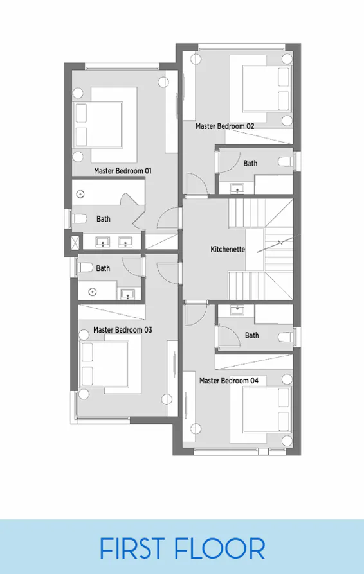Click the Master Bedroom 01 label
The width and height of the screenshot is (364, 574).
tap(122, 171)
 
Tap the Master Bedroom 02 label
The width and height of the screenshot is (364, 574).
tap(224, 126)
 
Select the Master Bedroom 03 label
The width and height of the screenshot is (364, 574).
tap(122, 329)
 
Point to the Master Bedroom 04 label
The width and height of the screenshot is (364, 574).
tap(228, 381)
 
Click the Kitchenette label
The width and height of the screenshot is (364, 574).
tap(228, 249)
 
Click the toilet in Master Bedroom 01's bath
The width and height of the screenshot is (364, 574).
tap(80, 219)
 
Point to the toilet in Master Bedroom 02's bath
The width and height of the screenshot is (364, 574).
tap(286, 161)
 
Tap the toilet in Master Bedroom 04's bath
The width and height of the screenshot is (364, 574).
tap(285, 337)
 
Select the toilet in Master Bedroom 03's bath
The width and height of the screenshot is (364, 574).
tap(86, 268)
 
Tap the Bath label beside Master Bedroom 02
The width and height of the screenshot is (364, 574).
tap(250, 164)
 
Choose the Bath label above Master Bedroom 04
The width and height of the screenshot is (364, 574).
tap(251, 335)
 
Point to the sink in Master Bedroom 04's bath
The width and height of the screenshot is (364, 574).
tap(237, 309)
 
